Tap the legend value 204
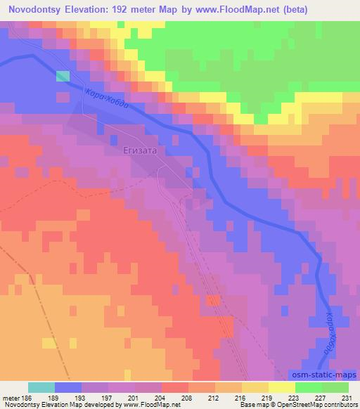(161, 398)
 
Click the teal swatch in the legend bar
(41, 387)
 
